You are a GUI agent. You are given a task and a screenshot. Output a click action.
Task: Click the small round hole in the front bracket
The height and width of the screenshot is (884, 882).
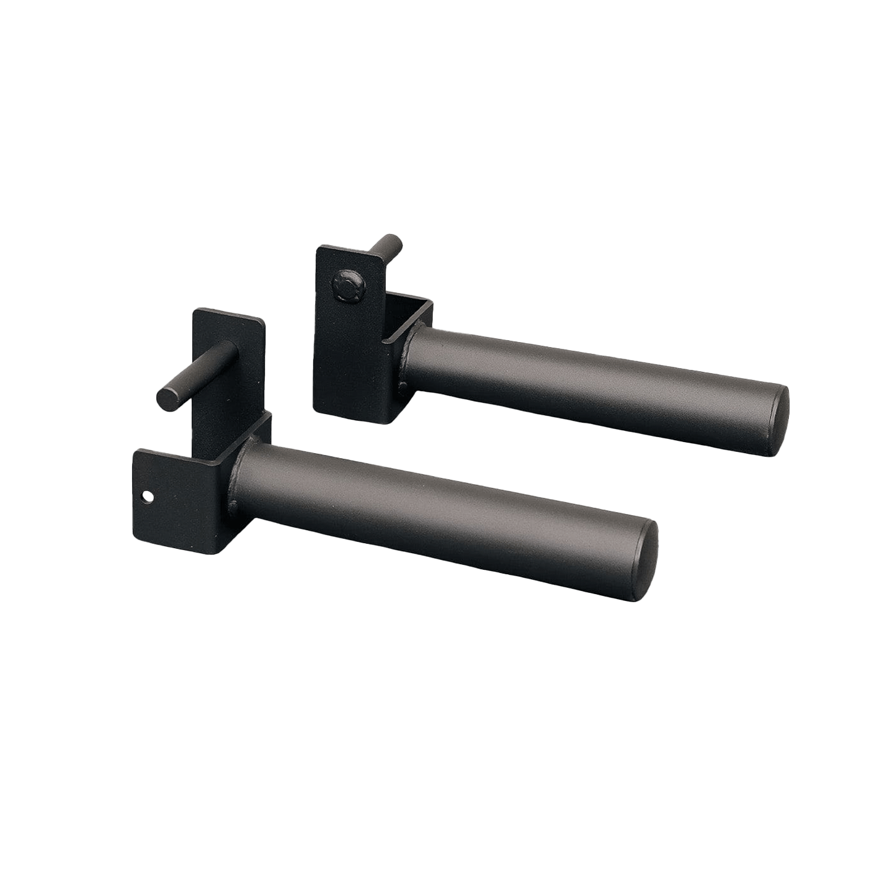coord(146,496)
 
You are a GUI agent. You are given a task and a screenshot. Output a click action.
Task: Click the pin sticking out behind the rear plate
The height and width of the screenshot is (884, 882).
coord(389,243)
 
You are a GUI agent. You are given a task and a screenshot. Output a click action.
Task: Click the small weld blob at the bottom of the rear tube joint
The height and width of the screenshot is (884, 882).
coord(401,387)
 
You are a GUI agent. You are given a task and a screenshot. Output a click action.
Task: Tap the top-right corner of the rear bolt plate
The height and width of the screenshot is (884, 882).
coord(377,258)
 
